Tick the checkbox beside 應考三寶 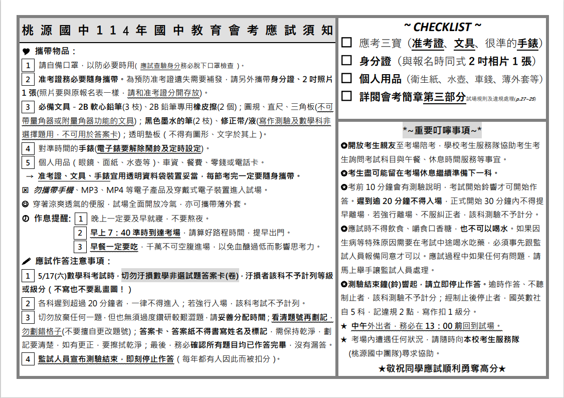[x=346, y=43]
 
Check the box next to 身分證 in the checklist [x=346, y=61]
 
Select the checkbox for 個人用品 [x=346, y=78]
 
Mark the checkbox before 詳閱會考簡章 [x=346, y=96]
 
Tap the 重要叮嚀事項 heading [x=442, y=131]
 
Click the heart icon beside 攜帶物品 [x=27, y=51]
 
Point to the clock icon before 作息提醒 [x=26, y=219]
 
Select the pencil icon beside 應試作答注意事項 [x=27, y=261]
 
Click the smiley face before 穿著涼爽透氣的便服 [x=26, y=205]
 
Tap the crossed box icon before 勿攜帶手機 [x=26, y=190]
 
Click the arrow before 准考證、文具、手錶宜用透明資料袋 [x=29, y=176]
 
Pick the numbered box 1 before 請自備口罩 [x=28, y=65]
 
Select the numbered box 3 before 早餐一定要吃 [x=80, y=247]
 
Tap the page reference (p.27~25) [x=524, y=99]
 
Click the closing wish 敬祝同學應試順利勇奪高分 [x=442, y=368]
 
